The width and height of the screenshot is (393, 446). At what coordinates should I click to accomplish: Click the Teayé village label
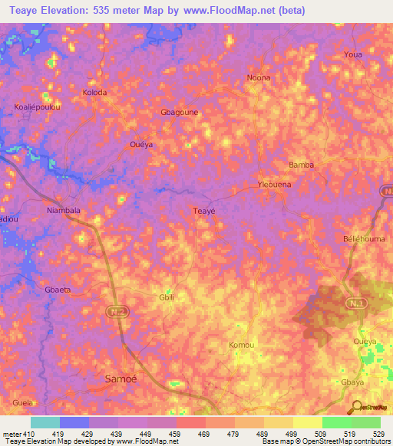point(203,211)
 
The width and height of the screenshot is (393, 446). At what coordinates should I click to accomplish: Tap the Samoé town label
point(119,379)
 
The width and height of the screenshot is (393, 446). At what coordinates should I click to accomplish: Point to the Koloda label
point(94,93)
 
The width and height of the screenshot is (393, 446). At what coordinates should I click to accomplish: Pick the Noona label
point(259,77)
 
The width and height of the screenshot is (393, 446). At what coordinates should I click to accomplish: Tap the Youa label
point(353,55)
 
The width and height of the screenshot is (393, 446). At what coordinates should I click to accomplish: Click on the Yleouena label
point(276,185)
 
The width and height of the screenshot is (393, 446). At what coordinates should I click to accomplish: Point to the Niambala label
point(64,209)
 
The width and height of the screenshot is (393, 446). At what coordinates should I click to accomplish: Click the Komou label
point(241,346)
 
